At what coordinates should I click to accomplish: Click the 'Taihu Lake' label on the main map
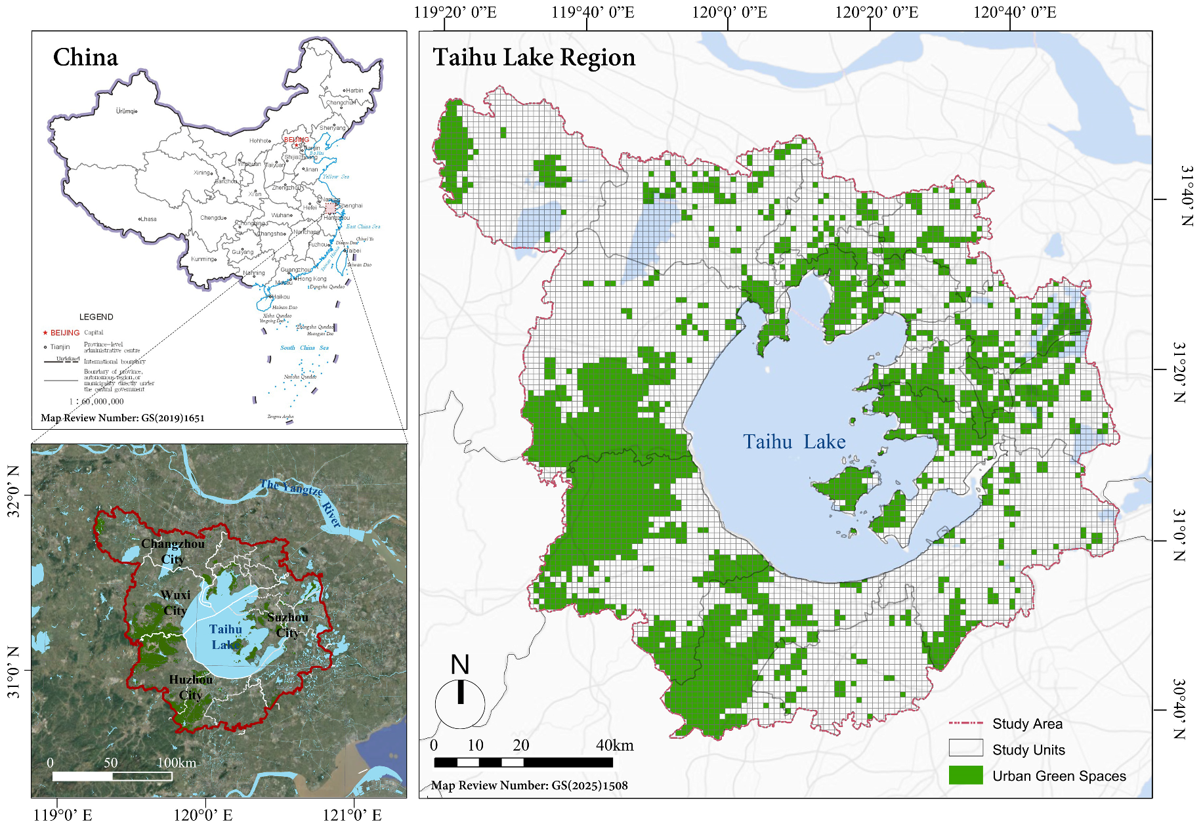tap(794, 442)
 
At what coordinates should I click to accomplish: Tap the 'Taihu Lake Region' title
tap(534, 58)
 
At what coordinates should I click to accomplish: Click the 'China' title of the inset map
tap(85, 58)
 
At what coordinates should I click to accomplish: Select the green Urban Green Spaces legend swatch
tap(965, 775)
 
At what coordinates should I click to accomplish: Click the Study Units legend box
tap(965, 748)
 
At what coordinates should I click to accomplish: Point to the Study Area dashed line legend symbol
tap(965, 723)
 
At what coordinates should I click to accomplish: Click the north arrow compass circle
tap(460, 703)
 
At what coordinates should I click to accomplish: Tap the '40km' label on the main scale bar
tap(614, 745)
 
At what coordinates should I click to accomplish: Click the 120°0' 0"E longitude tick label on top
tap(729, 12)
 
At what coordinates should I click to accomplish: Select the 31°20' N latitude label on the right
tap(1180, 371)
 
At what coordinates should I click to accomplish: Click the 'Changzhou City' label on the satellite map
tap(173, 551)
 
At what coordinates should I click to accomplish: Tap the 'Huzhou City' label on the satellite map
tap(191, 687)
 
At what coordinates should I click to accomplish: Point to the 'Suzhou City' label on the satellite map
tap(287, 625)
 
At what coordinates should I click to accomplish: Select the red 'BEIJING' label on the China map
tap(296, 140)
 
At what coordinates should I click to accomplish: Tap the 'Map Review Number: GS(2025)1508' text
tap(529, 785)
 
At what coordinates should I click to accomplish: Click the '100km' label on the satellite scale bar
tap(176, 762)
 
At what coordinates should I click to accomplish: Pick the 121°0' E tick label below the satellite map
tap(352, 816)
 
